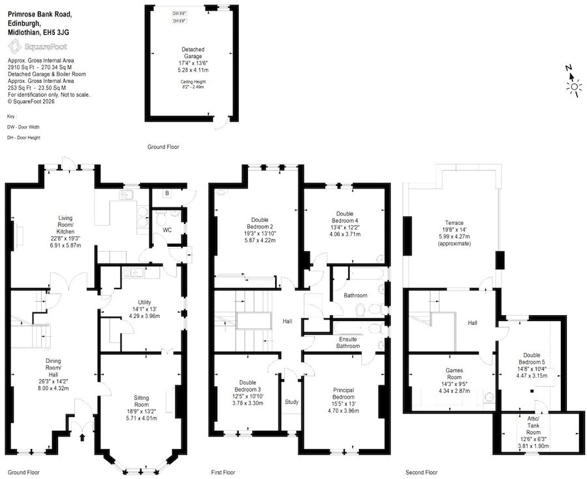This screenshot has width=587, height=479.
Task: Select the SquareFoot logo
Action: (x=37, y=47)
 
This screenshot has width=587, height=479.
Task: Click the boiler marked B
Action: (x=167, y=193)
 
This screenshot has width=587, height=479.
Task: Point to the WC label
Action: (x=167, y=230)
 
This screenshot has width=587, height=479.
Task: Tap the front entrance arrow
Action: (x=82, y=437)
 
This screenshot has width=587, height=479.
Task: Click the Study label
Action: (x=292, y=402)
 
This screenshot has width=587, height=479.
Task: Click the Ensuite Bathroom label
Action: (x=348, y=343)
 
